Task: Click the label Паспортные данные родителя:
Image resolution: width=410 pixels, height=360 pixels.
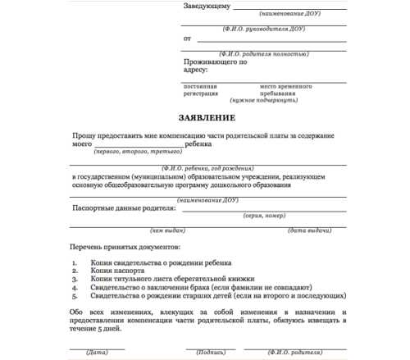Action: coord(124,209)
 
